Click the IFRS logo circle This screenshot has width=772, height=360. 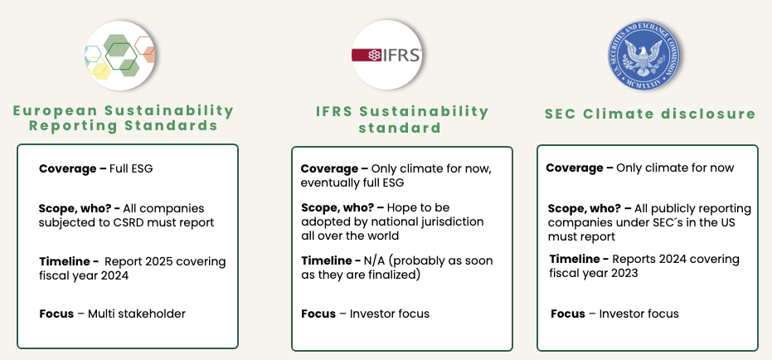[386, 56]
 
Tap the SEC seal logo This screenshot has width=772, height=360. [641, 56]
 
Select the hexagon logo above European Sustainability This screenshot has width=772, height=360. [121, 56]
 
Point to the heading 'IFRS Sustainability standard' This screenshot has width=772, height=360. [402, 119]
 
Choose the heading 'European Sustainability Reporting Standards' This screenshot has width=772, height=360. [124, 118]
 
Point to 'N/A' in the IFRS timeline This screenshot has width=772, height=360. [381, 260]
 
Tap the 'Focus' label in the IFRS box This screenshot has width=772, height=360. [318, 314]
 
